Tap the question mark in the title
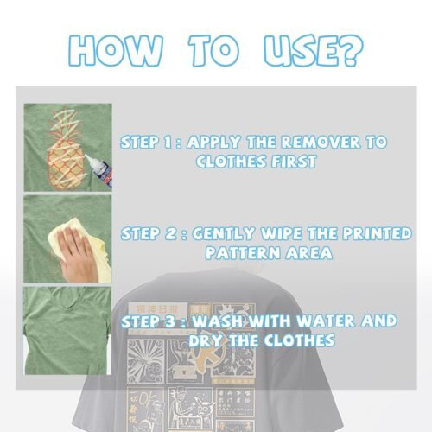[x=346, y=49]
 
